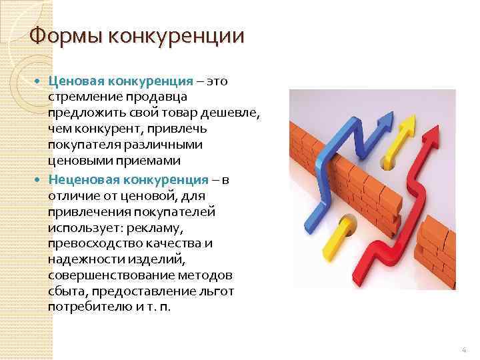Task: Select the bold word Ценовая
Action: click(x=77, y=81)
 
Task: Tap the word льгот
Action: click(x=236, y=292)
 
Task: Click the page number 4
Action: click(x=464, y=349)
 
